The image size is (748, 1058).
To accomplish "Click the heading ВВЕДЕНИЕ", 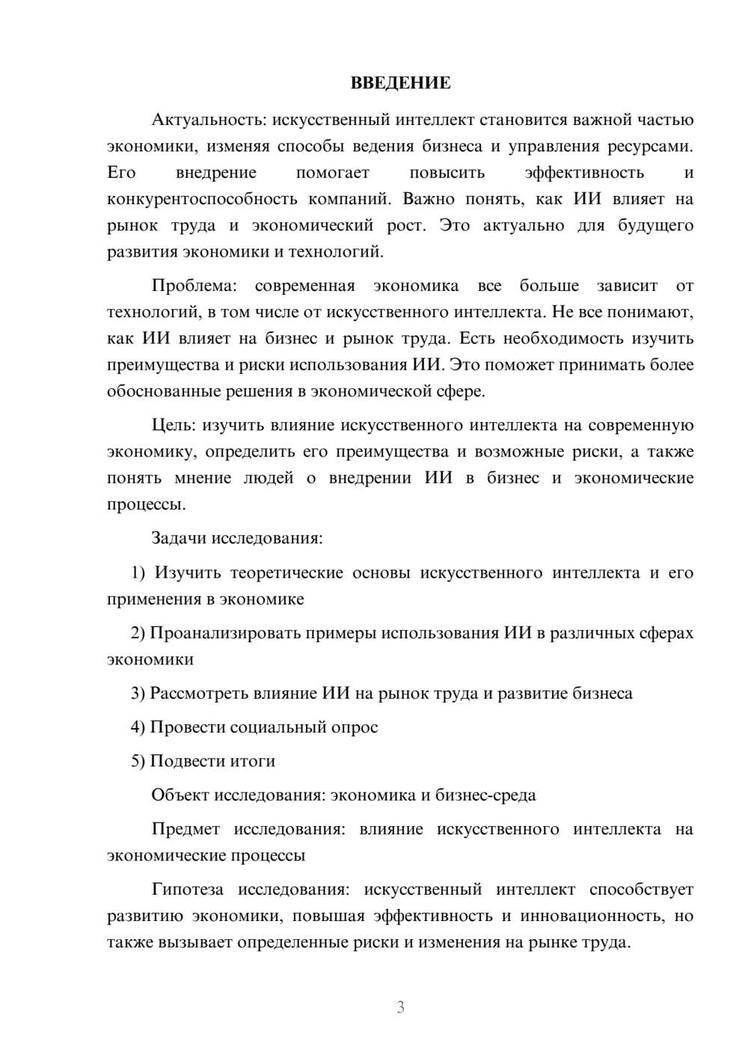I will pos(400,83).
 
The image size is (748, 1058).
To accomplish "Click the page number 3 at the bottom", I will pos(400,1007).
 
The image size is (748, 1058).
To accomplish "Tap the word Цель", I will pos(174,425).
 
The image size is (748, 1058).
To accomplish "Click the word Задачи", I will pos(179,538).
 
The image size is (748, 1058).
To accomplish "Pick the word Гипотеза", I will pos(187,890).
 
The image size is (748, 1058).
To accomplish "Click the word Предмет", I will pos(186,829).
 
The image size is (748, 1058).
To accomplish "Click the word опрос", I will pos(355,727).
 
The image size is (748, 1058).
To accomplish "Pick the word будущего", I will pos(656,225).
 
